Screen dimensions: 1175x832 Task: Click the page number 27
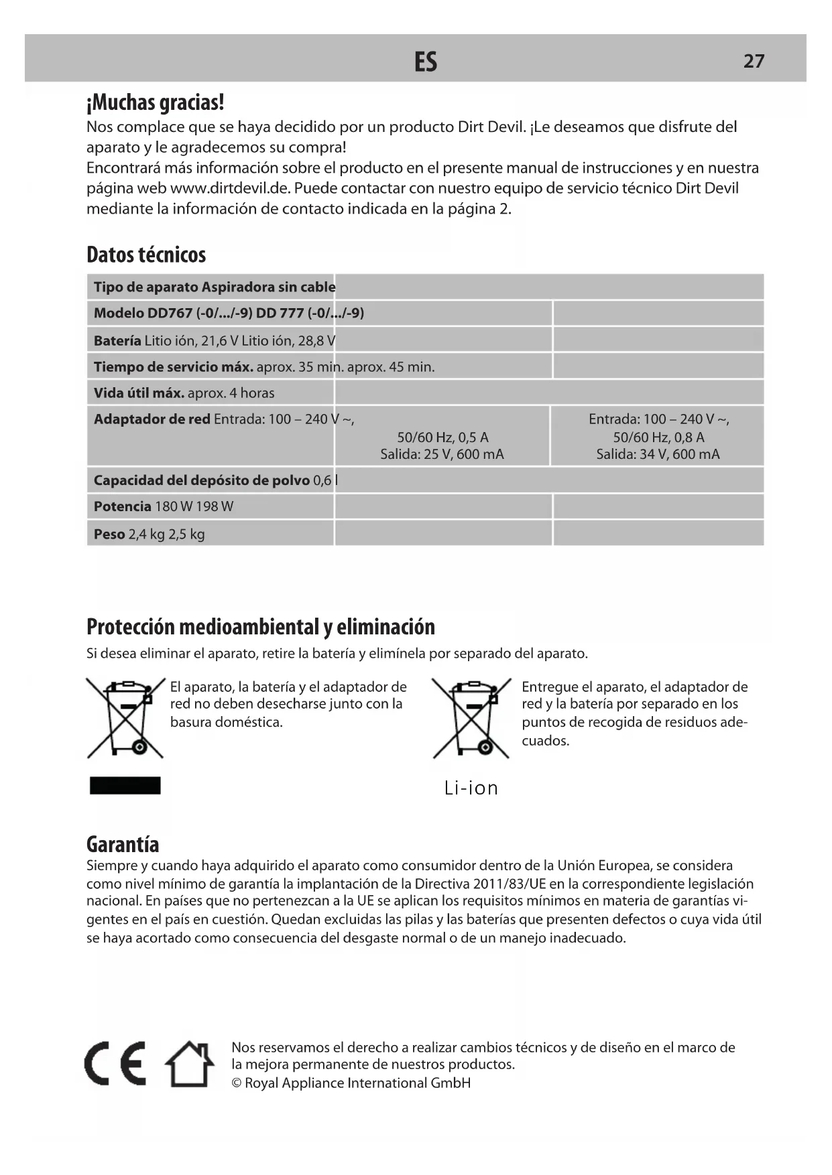[x=754, y=61]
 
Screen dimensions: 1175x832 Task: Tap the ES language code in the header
[x=426, y=62]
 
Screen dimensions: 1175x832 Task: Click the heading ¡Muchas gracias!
[x=156, y=102]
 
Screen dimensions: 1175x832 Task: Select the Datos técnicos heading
[x=146, y=255]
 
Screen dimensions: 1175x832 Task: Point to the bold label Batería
[x=117, y=340]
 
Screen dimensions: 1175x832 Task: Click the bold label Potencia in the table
[x=122, y=506]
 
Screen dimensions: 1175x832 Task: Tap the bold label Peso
[x=109, y=534]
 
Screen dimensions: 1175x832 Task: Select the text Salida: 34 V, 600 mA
[x=658, y=454]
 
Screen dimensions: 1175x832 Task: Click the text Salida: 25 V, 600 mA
[x=442, y=454]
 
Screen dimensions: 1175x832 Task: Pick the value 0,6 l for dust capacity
[x=325, y=480]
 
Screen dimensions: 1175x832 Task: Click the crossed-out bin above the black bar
[x=125, y=717]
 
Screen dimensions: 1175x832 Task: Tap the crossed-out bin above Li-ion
[x=471, y=717]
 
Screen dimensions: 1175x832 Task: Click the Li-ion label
[x=471, y=788]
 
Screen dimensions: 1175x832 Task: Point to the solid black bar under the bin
[x=125, y=785]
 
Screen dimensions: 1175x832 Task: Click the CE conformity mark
[x=115, y=1064]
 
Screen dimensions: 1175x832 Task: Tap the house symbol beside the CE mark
[x=190, y=1064]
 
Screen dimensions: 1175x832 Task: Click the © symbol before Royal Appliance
[x=236, y=1083]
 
